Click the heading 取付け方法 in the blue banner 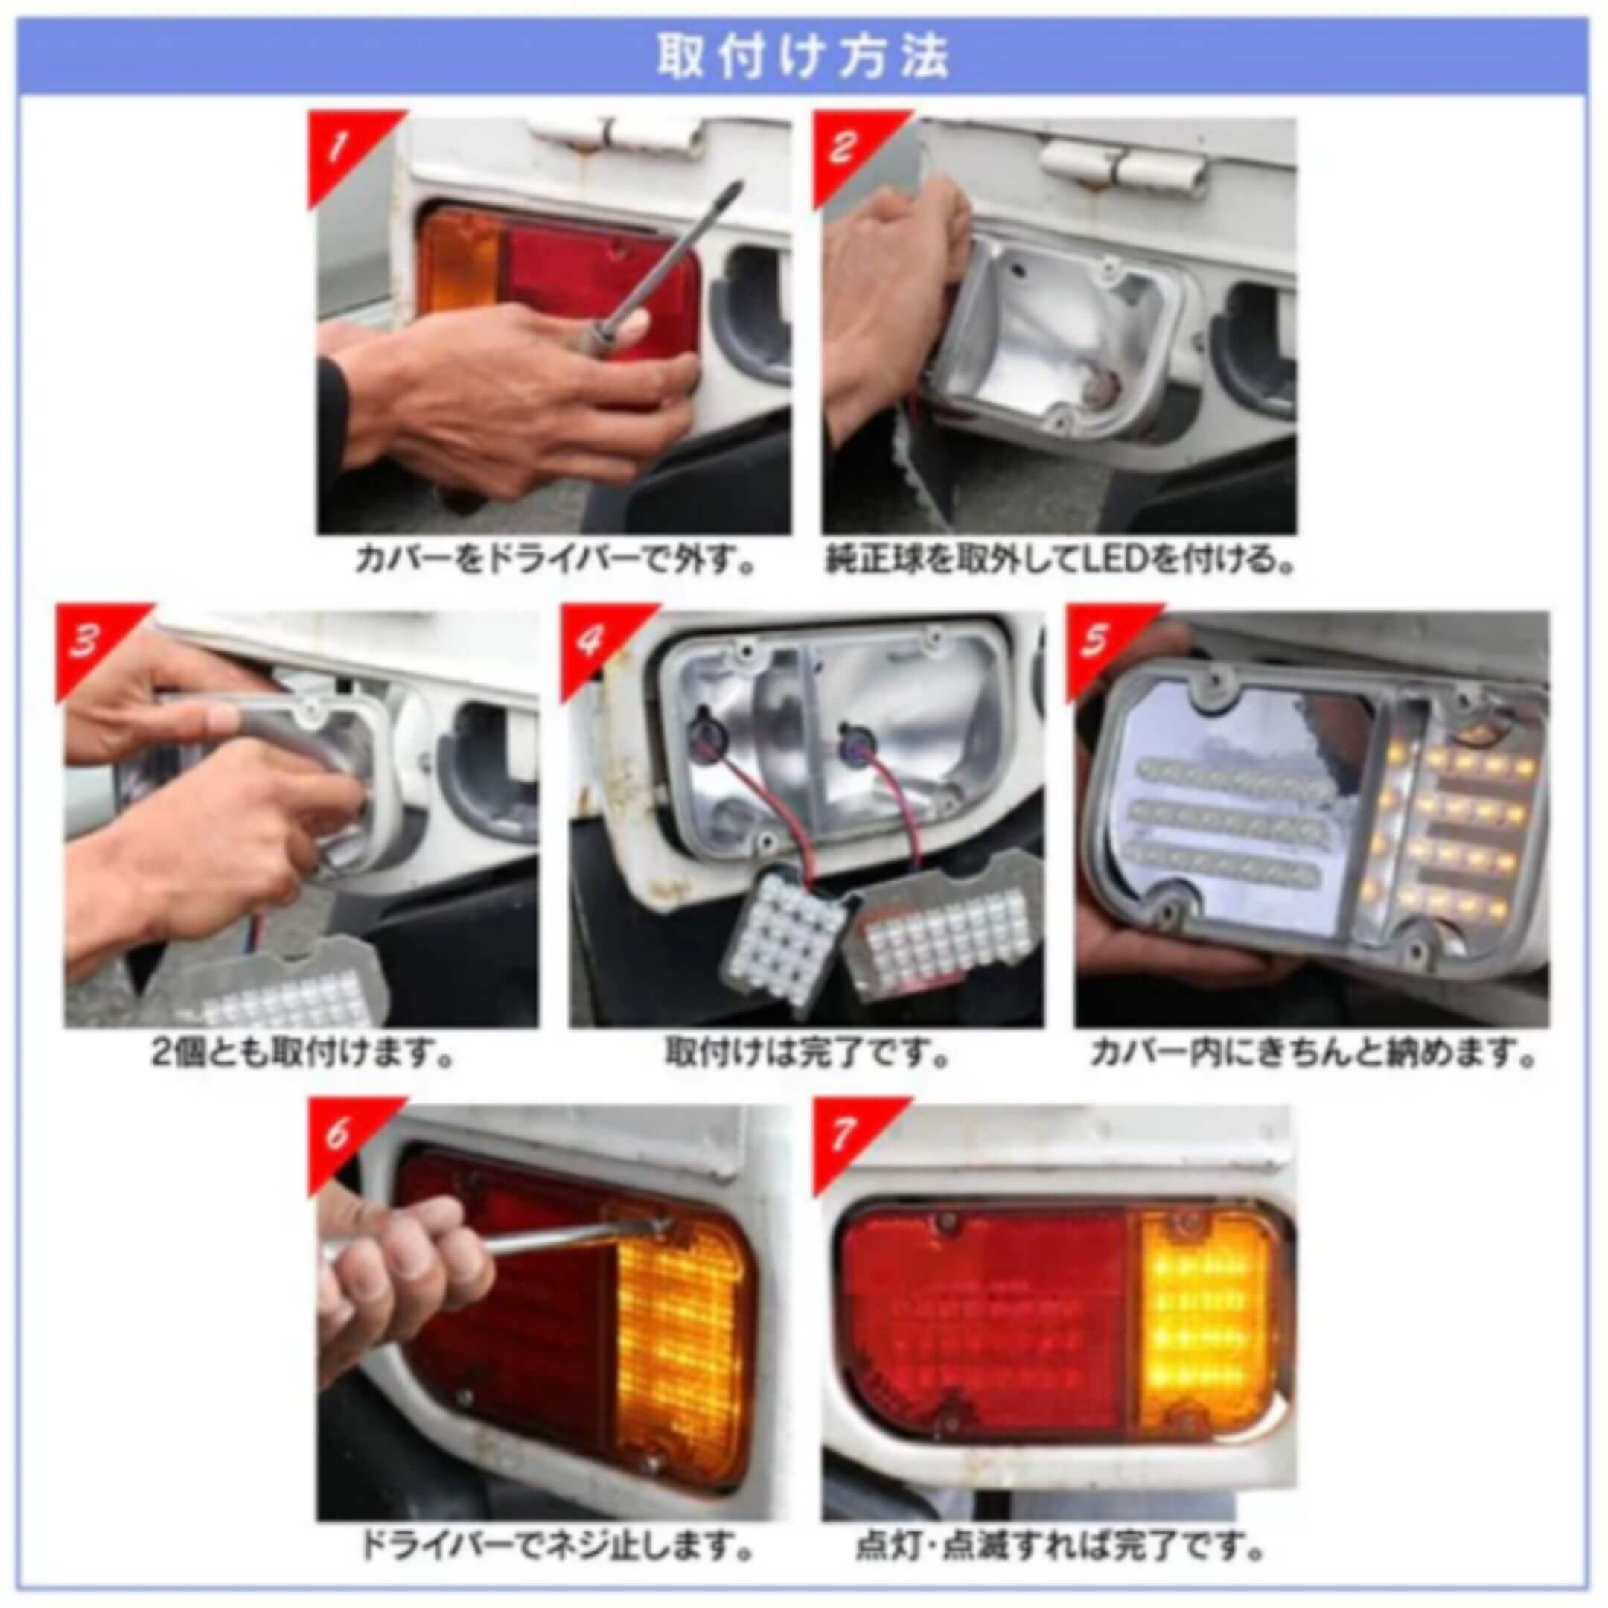[x=803, y=57]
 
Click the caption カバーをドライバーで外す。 [x=555, y=560]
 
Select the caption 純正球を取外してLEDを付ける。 [x=1060, y=560]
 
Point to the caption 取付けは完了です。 [x=807, y=1055]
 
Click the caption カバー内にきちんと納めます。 [x=1312, y=1055]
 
